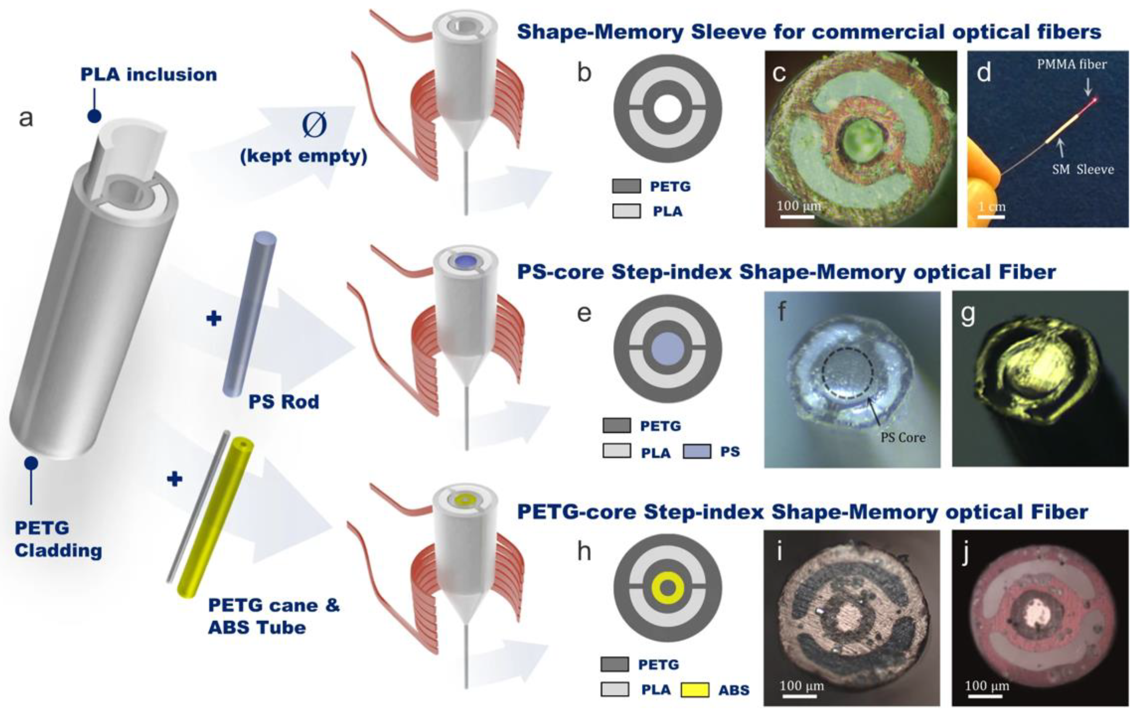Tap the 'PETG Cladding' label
58,539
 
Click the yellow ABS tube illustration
215,517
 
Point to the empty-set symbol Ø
314,125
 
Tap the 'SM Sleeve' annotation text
1082,169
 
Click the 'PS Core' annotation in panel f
903,437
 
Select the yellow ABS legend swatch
695,689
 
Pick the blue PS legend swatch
696,451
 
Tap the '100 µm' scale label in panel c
798,206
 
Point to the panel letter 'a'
26,117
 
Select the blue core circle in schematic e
667,348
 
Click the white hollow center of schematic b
667,109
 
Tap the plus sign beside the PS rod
214,318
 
